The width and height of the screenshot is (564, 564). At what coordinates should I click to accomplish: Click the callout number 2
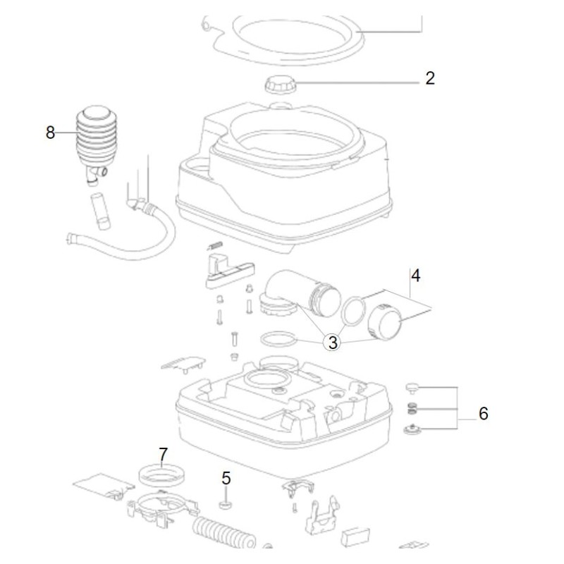tap(430, 78)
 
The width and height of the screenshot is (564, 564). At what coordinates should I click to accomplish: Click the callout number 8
tap(50, 132)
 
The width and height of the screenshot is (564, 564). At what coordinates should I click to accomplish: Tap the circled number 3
tap(333, 343)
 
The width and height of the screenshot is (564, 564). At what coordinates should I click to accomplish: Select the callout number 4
tap(416, 275)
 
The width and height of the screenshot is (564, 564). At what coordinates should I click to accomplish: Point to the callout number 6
tap(483, 413)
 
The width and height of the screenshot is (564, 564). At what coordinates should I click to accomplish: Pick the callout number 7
tap(163, 455)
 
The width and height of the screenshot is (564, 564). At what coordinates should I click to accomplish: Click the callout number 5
tap(226, 477)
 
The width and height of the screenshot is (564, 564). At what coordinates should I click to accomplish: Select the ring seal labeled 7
tap(160, 474)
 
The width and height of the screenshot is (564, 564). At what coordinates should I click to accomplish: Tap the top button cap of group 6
tap(414, 387)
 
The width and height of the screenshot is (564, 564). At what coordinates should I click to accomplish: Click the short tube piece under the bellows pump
tap(101, 212)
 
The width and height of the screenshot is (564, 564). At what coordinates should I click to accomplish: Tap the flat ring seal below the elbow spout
tap(277, 340)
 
